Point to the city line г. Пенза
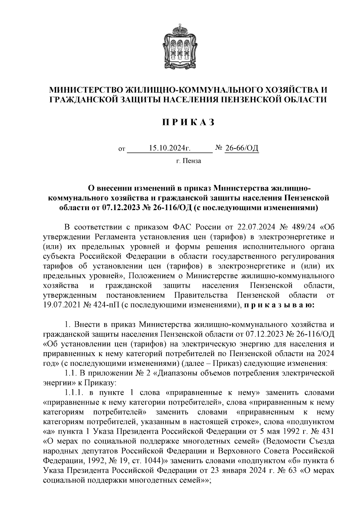tap(188, 161)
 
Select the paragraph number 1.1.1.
tap(75, 393)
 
